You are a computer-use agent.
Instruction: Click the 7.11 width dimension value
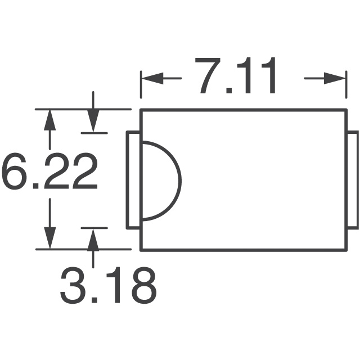pos(235,75)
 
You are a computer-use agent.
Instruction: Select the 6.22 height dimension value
pos(49,171)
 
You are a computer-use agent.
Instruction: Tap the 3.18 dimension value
pos(109,285)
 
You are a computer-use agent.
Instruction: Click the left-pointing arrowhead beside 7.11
pos(152,78)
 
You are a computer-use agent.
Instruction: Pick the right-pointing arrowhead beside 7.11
pos(335,78)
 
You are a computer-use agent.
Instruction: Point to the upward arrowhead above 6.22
pos(50,120)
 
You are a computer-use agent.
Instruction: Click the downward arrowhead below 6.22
pos(50,238)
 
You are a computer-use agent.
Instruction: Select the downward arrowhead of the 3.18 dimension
pos(93,121)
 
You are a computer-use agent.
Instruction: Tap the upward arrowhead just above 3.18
pos(93,240)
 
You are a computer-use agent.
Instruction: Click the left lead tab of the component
pos(133,180)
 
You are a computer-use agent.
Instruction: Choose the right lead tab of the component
pos(353,180)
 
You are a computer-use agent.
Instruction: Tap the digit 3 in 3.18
pos(73,285)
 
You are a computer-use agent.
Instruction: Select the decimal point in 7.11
pos(229,90)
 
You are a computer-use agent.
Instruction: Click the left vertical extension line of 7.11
pos(141,85)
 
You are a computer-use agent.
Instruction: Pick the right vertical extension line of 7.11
pos(346,85)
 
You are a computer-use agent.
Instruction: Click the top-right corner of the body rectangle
pos(346,110)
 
